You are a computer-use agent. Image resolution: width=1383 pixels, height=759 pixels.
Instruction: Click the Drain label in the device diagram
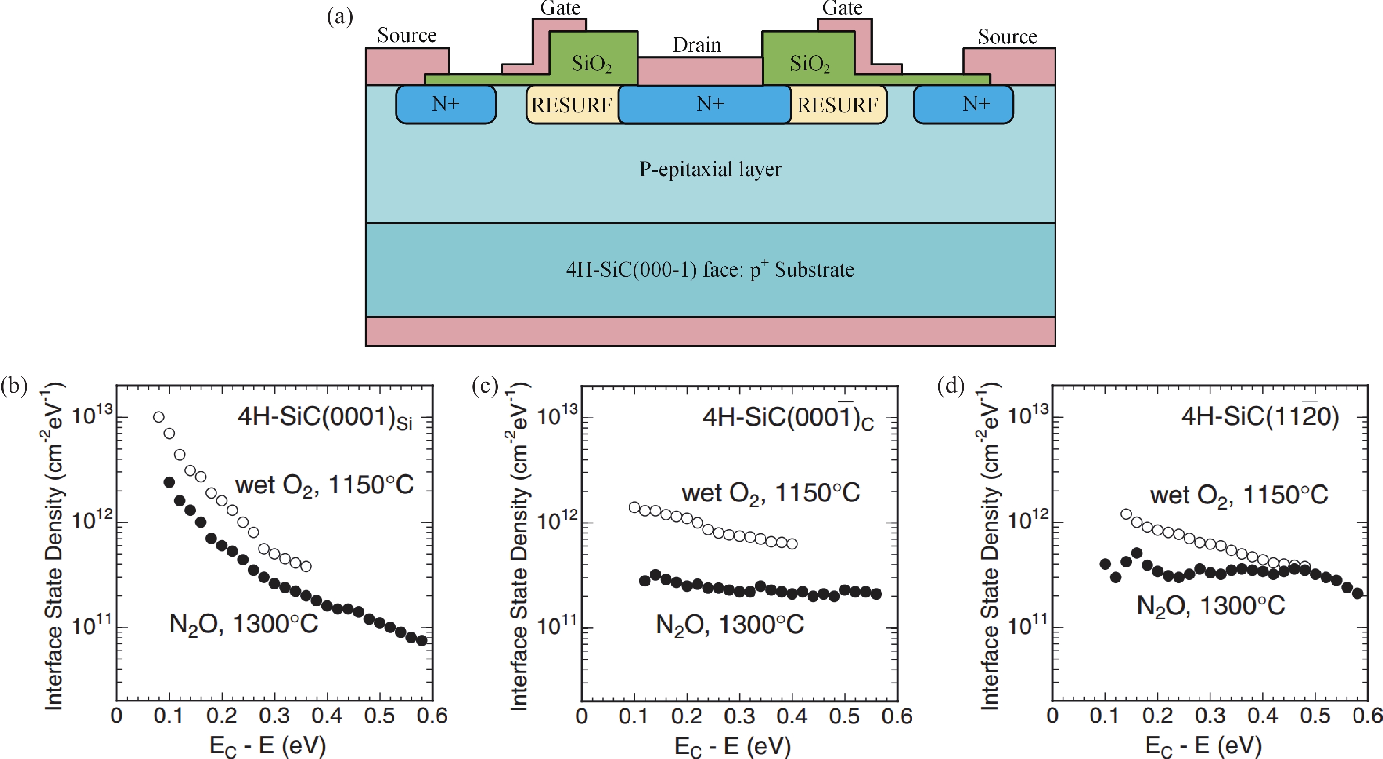point(696,45)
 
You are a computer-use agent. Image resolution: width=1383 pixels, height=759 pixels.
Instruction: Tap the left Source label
point(407,36)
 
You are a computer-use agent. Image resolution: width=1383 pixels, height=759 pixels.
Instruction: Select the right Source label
point(1007,36)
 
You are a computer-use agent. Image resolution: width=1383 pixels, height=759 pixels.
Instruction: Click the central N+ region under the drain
point(710,104)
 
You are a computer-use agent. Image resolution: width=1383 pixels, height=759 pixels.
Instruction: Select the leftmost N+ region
point(446,104)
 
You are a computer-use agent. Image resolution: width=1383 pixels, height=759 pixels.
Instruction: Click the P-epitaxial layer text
point(710,169)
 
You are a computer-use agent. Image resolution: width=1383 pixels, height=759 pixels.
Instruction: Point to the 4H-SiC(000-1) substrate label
point(710,269)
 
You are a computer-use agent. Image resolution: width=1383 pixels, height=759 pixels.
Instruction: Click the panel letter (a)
point(340,17)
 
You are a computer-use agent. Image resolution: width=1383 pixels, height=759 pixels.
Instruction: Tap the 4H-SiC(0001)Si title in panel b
point(325,417)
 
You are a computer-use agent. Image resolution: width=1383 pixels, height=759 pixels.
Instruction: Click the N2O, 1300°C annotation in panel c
point(730,625)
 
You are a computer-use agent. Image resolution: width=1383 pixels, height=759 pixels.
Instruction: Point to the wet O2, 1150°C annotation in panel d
point(1239,495)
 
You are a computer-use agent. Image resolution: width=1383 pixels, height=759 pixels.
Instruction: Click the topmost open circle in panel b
point(158,417)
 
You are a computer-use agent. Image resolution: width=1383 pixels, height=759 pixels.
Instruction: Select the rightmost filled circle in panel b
point(422,640)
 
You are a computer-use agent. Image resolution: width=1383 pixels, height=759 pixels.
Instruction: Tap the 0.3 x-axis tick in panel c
point(739,716)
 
